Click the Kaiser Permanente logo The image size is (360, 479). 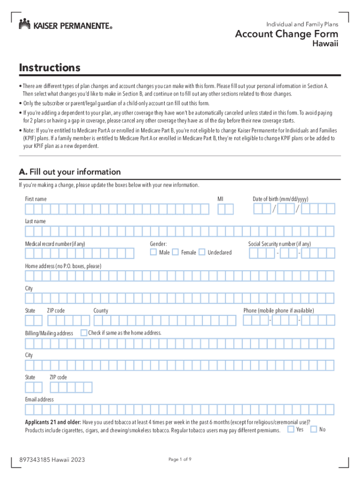pos(65,25)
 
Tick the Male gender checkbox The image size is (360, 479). pos(153,252)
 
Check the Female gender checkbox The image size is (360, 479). pos(175,252)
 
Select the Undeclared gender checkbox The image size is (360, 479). pos(202,252)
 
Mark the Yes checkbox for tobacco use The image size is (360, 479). pos(291,429)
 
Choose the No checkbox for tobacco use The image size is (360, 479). pos(314,429)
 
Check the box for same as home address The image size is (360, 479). pos(83,333)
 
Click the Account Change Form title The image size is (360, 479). pos(287,34)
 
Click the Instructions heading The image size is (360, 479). pos(50,68)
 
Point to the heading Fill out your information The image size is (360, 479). pos(70,172)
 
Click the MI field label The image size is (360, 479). pos(221,199)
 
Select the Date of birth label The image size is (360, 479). pos(281,199)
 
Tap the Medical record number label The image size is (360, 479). pos(55,244)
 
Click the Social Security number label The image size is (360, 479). pos(279,244)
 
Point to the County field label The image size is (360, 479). pos(101,311)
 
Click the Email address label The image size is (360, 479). pos(39,399)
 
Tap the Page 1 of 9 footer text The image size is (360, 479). pos(180,459)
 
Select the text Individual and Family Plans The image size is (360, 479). pos(302,24)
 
